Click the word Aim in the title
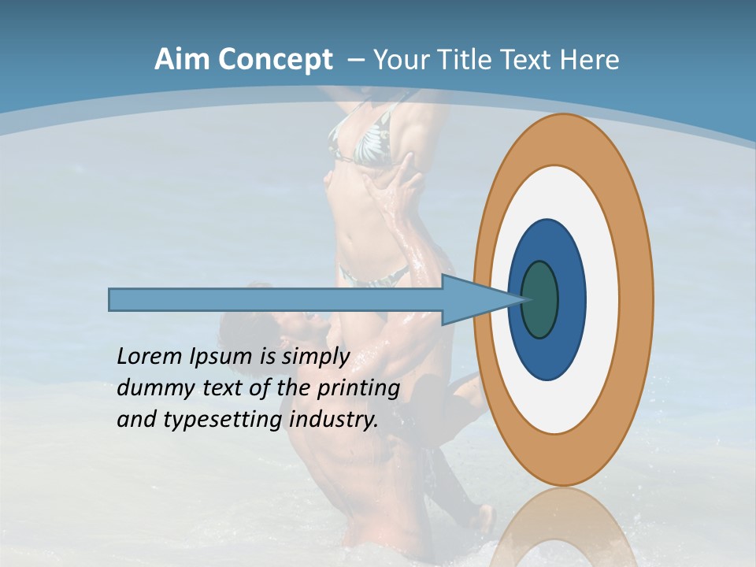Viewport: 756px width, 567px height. (x=182, y=60)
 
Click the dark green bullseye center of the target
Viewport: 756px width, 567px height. (x=539, y=300)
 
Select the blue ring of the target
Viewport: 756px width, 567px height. (x=570, y=300)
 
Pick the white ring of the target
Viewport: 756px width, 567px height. (x=602, y=300)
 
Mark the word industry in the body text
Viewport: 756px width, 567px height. (x=334, y=420)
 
